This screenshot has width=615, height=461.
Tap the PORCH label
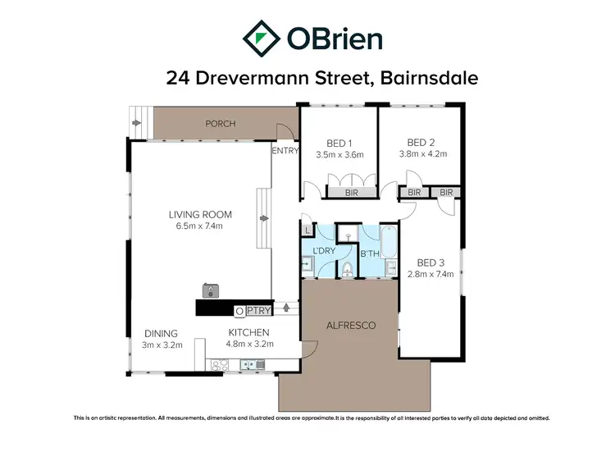pos(220,124)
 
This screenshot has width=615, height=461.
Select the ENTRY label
pos(285,150)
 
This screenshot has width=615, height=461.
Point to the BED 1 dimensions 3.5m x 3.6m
pos(339,153)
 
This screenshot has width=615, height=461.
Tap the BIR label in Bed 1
pos(351,192)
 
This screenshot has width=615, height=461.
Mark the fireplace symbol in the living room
pos(211,290)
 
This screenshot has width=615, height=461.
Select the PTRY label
pos(258,311)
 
